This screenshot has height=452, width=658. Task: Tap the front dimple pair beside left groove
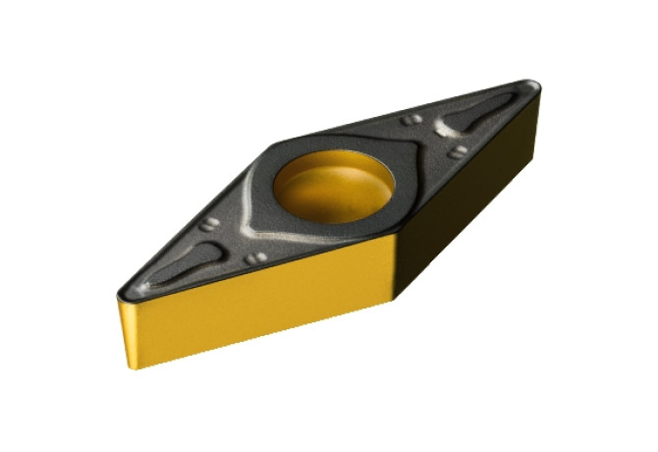point(256,257)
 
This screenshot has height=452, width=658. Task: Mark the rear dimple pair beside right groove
point(413,119)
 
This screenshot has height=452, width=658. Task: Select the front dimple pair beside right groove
point(458,151)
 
